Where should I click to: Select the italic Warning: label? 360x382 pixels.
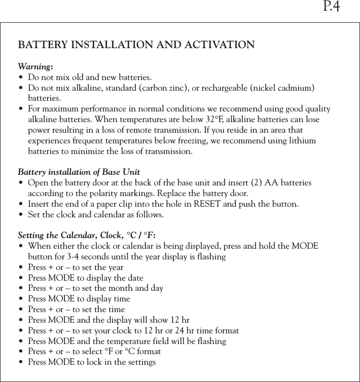click(x=35, y=67)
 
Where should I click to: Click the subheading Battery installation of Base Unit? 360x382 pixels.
click(x=79, y=172)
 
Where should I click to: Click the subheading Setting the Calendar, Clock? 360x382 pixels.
click(x=70, y=236)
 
